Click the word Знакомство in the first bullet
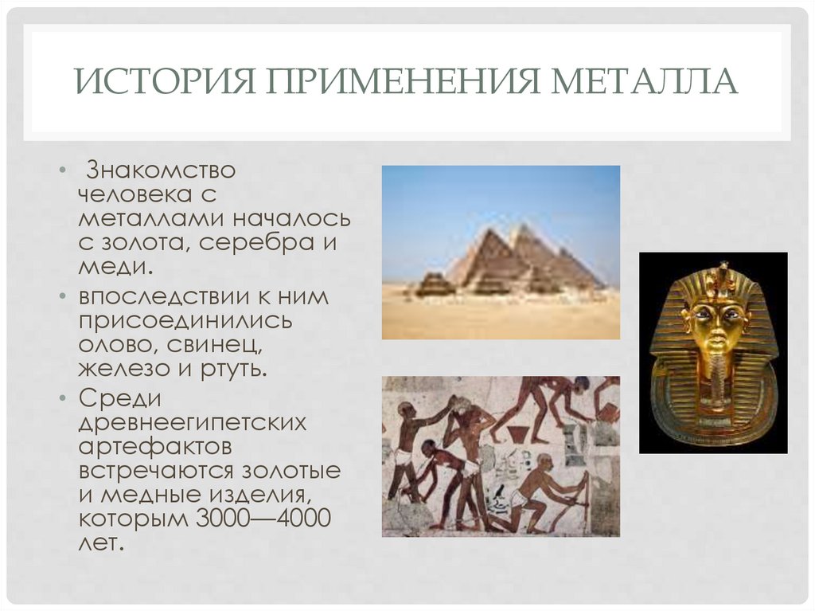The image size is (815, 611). [x=161, y=170]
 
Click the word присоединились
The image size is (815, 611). [x=185, y=321]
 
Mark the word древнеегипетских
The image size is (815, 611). [x=192, y=423]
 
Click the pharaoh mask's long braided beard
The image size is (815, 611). [x=717, y=382]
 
